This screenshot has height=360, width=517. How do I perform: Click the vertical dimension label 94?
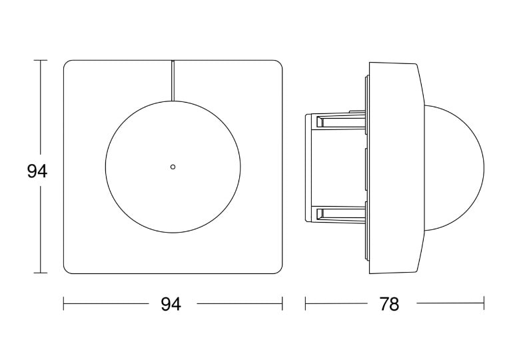point(37,171)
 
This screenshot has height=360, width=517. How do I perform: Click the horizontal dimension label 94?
point(171,304)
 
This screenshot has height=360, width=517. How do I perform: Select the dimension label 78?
point(389,304)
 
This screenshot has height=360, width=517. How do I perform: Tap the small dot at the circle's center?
point(173,167)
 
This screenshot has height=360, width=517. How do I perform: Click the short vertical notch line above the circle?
point(173,80)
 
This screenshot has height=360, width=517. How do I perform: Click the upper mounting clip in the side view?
point(340,121)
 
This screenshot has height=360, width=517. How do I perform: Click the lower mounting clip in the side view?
point(340,213)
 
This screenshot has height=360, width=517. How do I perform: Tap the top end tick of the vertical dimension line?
point(41,61)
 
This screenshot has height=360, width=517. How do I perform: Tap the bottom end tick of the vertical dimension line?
point(41,273)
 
